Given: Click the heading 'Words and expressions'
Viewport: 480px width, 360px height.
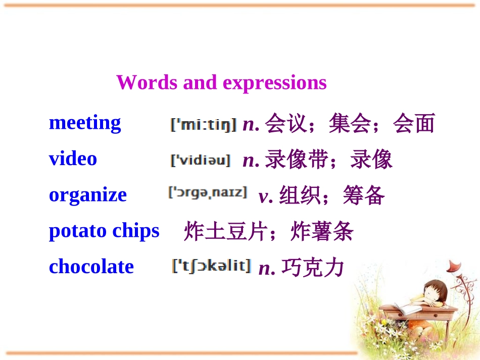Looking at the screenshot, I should pyautogui.click(x=221, y=82).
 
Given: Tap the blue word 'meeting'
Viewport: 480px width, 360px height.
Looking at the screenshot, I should pyautogui.click(x=85, y=123).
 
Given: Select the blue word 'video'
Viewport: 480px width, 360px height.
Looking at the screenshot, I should pyautogui.click(x=73, y=159).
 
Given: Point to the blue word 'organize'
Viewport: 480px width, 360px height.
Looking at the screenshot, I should pyautogui.click(x=88, y=195).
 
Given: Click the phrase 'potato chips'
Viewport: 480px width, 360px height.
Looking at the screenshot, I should pyautogui.click(x=104, y=231).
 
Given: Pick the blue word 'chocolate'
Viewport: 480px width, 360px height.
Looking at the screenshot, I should pyautogui.click(x=91, y=267).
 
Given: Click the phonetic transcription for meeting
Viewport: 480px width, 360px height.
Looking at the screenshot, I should pyautogui.click(x=203, y=124).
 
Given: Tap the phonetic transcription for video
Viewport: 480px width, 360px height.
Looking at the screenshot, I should pyautogui.click(x=201, y=160).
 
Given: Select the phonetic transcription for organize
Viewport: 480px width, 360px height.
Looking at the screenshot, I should pyautogui.click(x=208, y=193).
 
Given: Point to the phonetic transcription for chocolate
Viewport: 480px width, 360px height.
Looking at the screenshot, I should pyautogui.click(x=211, y=266).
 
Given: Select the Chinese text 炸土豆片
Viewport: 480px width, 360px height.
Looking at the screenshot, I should pyautogui.click(x=225, y=232).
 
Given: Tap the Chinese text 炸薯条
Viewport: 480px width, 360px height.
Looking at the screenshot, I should pyautogui.click(x=322, y=232).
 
